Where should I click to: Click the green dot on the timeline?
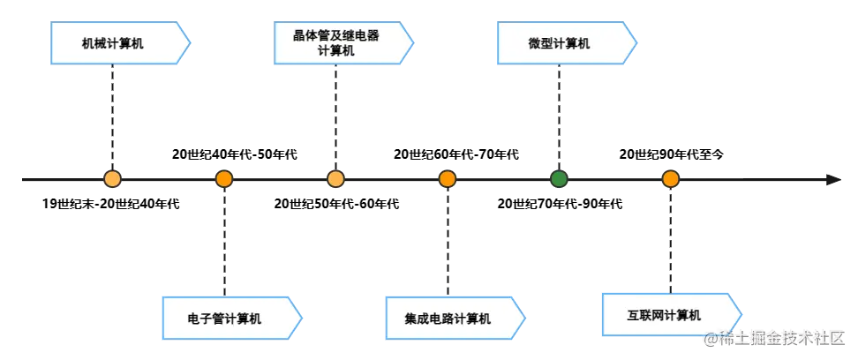point(559,179)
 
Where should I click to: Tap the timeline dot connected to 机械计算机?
point(112,179)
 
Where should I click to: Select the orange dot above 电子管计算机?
point(224,179)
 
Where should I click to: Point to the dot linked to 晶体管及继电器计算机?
point(335,179)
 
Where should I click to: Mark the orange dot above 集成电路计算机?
point(448,179)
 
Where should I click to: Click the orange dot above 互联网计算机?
point(671,179)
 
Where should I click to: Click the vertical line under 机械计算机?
point(112,119)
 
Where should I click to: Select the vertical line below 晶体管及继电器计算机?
point(335,119)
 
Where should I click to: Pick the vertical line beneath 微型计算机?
point(560,119)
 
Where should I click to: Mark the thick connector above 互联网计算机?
point(670,238)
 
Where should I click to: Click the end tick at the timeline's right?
point(830,180)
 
